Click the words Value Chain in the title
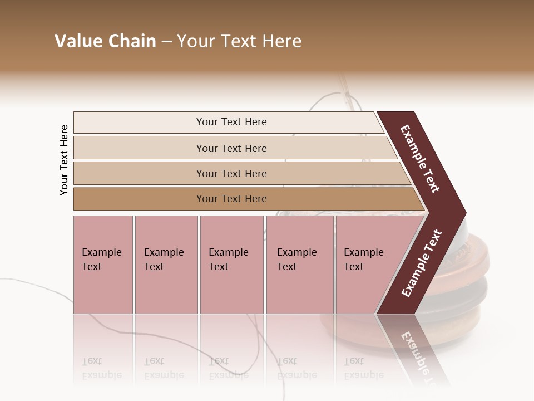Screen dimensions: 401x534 point(105,41)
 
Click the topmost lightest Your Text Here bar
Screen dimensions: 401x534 point(231,122)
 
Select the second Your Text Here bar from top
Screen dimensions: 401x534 point(231,148)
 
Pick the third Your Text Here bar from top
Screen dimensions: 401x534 point(231,173)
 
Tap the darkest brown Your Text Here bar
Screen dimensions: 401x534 point(231,198)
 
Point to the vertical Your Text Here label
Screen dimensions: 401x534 point(65,160)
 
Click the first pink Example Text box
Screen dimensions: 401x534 point(103,264)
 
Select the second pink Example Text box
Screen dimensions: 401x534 point(166,264)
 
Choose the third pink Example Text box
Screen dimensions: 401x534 point(231,264)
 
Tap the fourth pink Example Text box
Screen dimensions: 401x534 point(299,264)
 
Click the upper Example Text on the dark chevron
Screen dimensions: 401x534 point(420,159)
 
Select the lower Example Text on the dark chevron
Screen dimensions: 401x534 point(421,263)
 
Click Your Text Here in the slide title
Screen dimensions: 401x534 point(239,41)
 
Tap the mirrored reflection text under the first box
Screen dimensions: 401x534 point(101,368)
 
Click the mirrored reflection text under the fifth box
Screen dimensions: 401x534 point(364,368)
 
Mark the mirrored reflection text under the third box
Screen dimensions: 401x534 point(229,368)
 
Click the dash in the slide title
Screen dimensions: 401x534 point(166,41)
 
